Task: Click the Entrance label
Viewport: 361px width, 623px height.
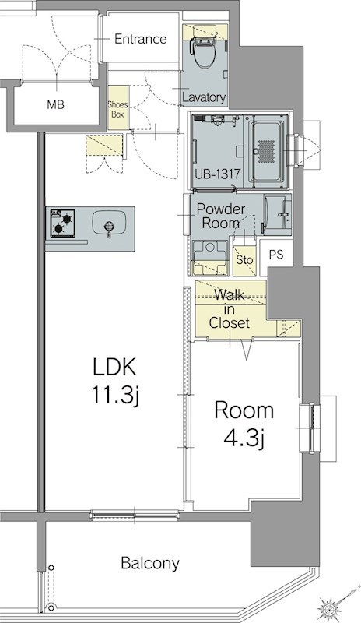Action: pyautogui.click(x=141, y=39)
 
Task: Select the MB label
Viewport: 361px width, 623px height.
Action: pyautogui.click(x=55, y=105)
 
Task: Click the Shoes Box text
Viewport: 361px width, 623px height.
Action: pyautogui.click(x=118, y=109)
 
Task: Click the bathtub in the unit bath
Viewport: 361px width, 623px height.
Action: pyautogui.click(x=267, y=152)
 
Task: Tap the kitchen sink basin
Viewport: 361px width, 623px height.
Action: pyautogui.click(x=109, y=223)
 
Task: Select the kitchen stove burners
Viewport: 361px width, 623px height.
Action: pyautogui.click(x=63, y=223)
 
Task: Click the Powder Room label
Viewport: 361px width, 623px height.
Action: pyautogui.click(x=221, y=216)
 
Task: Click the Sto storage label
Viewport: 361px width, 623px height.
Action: pyautogui.click(x=244, y=260)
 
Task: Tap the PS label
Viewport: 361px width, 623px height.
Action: pyautogui.click(x=276, y=255)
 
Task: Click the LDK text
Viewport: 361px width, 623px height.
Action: pyautogui.click(x=115, y=367)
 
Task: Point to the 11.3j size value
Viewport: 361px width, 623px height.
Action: pyautogui.click(x=115, y=396)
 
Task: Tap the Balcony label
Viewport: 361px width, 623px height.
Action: pyautogui.click(x=150, y=563)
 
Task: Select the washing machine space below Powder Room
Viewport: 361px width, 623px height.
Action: pyautogui.click(x=210, y=258)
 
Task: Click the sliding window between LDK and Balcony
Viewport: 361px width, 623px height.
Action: pyautogui.click(x=135, y=516)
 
